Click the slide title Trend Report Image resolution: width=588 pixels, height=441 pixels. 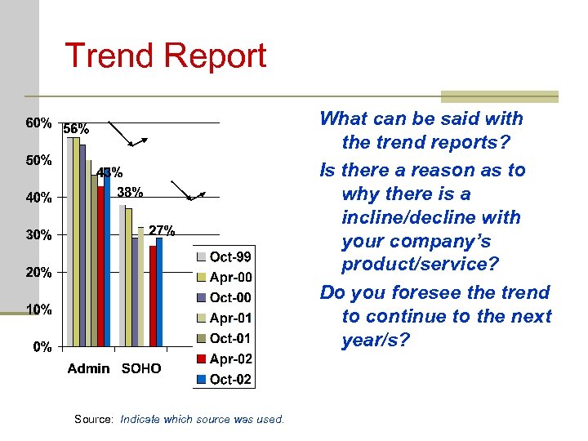tap(165, 56)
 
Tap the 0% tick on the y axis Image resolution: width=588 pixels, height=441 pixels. tap(42, 347)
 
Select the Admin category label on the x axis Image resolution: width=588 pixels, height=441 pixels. tap(89, 368)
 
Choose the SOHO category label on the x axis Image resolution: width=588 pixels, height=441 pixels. tap(141, 368)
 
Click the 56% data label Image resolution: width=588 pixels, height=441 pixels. tap(77, 129)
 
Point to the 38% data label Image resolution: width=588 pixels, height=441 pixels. tap(130, 193)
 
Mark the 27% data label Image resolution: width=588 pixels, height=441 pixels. tap(161, 229)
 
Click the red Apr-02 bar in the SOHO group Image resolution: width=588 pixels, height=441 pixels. tap(153, 296)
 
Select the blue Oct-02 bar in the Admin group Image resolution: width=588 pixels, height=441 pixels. tap(107, 257)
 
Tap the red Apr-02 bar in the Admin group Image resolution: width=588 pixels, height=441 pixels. tap(100, 266)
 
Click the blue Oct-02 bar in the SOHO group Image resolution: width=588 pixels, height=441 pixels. tap(159, 292)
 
